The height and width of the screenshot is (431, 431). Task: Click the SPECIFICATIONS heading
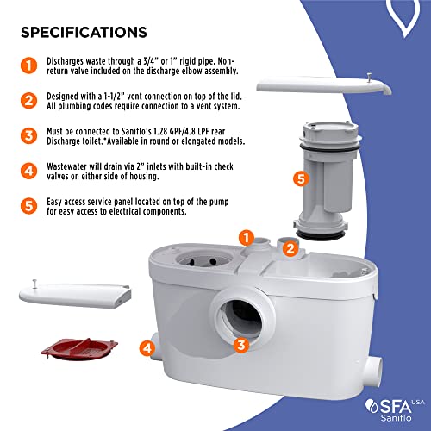tap(84, 32)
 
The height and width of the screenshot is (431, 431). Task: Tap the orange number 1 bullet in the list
tap(28, 66)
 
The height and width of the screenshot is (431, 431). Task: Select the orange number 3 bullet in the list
tap(28, 135)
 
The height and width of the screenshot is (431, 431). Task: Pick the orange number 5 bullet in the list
tap(28, 206)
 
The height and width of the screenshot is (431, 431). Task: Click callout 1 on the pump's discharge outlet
tap(247, 238)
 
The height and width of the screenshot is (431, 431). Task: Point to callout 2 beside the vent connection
tap(290, 249)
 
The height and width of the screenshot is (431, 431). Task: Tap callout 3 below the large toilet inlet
tap(241, 345)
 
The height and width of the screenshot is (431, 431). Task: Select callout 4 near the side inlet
tap(147, 348)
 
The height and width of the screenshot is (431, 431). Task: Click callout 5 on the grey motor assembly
tap(301, 178)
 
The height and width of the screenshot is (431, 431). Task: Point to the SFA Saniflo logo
tap(395, 410)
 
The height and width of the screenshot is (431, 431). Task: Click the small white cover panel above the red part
tap(75, 295)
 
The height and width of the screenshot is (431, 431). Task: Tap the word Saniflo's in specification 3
tap(136, 131)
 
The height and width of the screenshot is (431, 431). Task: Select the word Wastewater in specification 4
tap(66, 166)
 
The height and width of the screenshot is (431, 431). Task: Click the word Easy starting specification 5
tap(54, 202)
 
